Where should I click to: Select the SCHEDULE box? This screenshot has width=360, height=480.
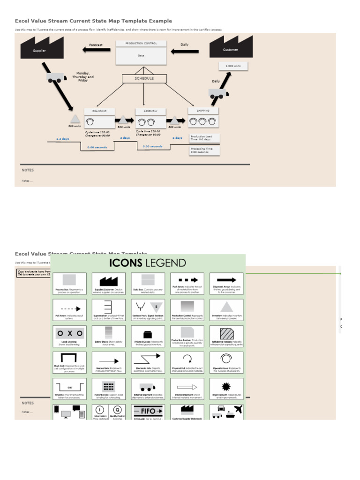click(x=144, y=79)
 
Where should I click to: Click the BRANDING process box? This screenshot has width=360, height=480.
click(x=99, y=118)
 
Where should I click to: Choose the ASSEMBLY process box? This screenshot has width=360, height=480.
click(x=150, y=118)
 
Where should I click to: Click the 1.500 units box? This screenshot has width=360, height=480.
click(x=233, y=67)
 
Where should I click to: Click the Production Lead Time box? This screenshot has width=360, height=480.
click(x=205, y=138)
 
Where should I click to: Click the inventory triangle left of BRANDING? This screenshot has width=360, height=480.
click(x=75, y=119)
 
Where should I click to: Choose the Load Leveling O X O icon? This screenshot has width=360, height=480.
click(x=69, y=333)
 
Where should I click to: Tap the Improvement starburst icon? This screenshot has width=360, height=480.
click(x=226, y=386)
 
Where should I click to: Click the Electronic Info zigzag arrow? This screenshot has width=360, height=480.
click(x=148, y=360)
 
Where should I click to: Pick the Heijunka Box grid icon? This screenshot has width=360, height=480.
click(x=109, y=387)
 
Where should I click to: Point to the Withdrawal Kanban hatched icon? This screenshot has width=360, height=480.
click(x=226, y=333)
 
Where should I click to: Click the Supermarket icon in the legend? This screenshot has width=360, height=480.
click(x=109, y=307)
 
